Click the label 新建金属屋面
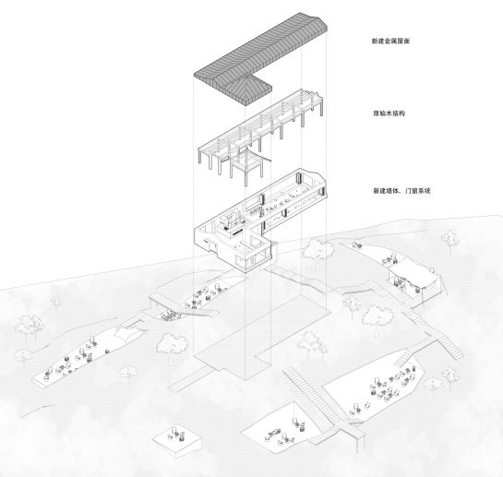390,42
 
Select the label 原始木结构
389,113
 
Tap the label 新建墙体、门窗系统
401,191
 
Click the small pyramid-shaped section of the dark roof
248,88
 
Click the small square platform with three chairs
177,441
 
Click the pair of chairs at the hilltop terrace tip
357,245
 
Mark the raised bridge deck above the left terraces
183,306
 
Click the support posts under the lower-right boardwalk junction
357,445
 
